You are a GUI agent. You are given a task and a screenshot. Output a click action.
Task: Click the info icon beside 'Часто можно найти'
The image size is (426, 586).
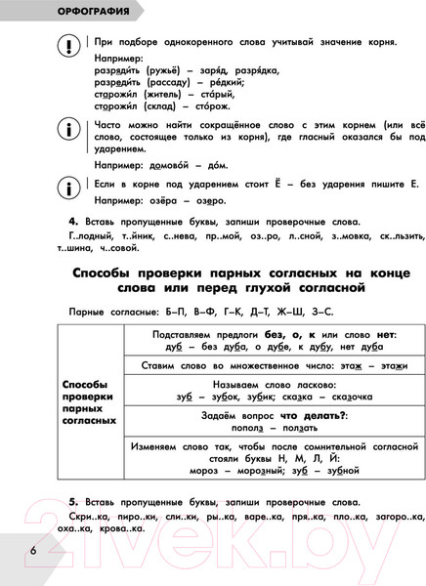tap(69, 128)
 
